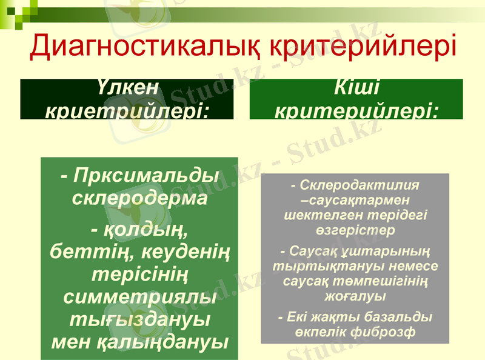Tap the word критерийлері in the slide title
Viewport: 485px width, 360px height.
pos(361,47)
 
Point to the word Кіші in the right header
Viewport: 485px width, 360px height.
pos(356,88)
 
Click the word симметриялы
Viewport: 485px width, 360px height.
pos(139,297)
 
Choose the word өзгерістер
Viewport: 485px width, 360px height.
pos(355,230)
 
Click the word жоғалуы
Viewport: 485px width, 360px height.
pos(355,297)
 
